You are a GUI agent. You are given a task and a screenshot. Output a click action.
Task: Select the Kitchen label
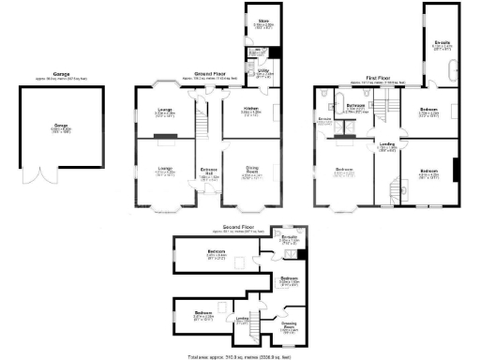pyautogui.click(x=251, y=110)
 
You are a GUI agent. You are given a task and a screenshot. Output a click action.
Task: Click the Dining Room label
pyautogui.click(x=251, y=172)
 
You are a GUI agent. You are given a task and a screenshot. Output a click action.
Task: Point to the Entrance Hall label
pyautogui.click(x=208, y=172)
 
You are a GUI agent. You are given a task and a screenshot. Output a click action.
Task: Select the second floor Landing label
pyautogui.click(x=242, y=319)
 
